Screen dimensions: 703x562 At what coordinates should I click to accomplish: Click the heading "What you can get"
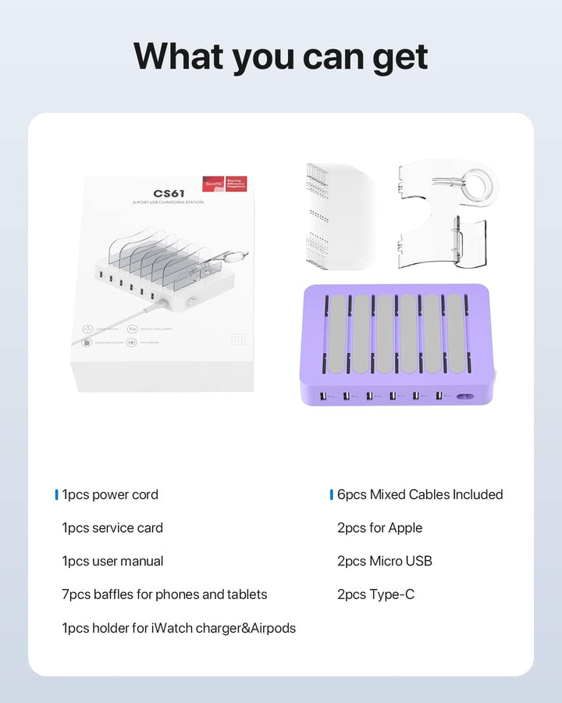point(281,57)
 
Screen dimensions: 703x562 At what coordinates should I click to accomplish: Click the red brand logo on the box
point(212,184)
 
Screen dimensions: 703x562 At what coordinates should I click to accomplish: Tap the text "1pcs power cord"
point(110,494)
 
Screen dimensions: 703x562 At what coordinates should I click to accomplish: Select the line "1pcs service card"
point(112,528)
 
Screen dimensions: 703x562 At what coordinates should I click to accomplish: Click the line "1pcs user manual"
point(112,561)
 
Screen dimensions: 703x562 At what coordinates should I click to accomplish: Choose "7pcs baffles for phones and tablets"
point(165,594)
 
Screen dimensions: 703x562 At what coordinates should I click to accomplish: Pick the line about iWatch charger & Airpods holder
point(179,628)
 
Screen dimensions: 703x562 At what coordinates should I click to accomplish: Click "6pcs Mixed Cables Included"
point(420,494)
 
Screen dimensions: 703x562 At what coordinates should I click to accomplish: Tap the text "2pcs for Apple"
point(379,528)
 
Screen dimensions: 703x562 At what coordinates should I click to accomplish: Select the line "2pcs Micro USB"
point(384,561)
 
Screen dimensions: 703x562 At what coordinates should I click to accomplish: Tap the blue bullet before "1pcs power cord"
point(57,494)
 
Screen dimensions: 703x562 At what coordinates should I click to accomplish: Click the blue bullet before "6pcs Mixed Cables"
point(332,494)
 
